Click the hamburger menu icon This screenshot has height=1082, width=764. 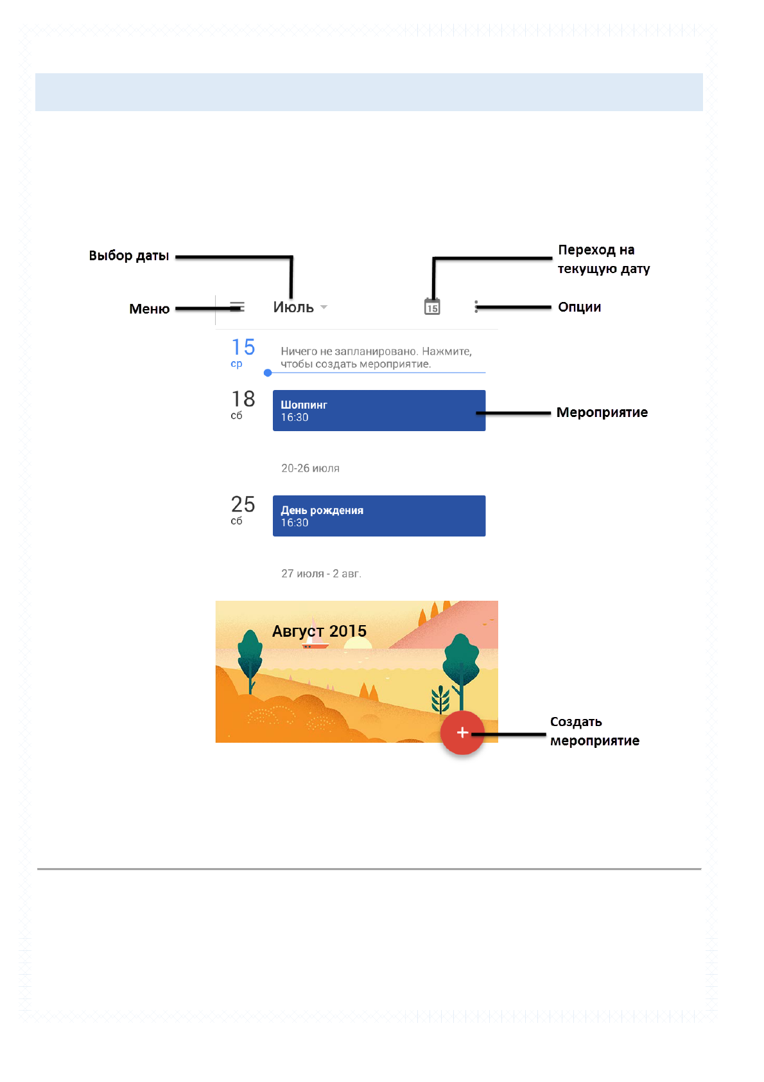point(237,307)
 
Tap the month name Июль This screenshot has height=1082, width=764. point(293,307)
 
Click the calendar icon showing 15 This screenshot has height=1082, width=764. point(432,306)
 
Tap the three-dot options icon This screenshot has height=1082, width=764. point(476,306)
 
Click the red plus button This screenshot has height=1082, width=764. point(462,732)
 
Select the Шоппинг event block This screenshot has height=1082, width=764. point(379,411)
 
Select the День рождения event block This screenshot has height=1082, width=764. point(379,516)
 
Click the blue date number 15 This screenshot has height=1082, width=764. point(243,347)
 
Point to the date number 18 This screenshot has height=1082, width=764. point(243,399)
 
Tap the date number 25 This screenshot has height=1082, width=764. point(243,504)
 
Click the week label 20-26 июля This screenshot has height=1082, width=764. point(310,468)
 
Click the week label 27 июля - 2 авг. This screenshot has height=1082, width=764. point(321,574)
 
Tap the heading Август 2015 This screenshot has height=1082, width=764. point(319,631)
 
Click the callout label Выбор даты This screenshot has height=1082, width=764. point(129,256)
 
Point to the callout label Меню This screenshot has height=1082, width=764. point(149,309)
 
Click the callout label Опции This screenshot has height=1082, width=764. point(579,307)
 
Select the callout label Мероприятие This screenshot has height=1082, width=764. point(602,412)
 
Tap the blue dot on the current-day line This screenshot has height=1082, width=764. point(268,373)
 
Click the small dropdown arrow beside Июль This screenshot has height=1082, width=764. point(324,307)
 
